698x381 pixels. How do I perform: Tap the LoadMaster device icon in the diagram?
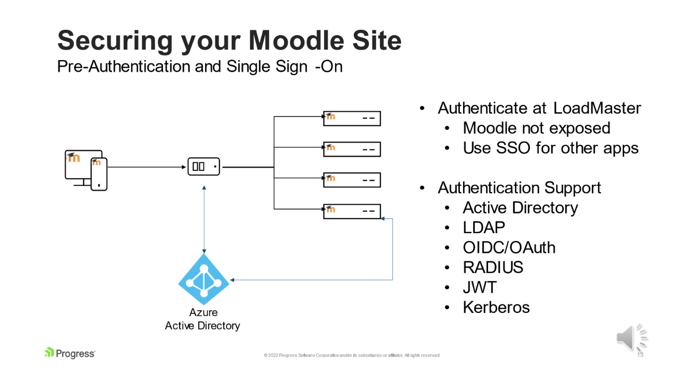[x=204, y=167]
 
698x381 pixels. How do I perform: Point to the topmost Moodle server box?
[x=352, y=118]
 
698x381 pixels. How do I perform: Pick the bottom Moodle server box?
[x=352, y=211]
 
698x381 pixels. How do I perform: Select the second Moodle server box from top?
[x=352, y=149]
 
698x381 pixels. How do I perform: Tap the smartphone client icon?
[x=99, y=174]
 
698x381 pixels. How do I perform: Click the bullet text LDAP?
[x=484, y=228]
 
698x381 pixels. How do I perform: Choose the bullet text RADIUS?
[x=493, y=268]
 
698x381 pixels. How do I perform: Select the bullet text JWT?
[x=480, y=287]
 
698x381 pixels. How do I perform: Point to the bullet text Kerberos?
[x=496, y=308]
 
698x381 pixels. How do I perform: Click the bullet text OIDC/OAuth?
[x=509, y=247]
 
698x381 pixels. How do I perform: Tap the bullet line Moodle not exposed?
[x=536, y=128]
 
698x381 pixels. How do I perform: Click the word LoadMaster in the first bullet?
[x=597, y=108]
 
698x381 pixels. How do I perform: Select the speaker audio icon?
[x=631, y=337]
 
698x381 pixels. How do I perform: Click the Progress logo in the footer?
[x=70, y=353]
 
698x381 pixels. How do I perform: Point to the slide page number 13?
[x=640, y=355]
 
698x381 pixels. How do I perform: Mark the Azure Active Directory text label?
[x=202, y=319]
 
